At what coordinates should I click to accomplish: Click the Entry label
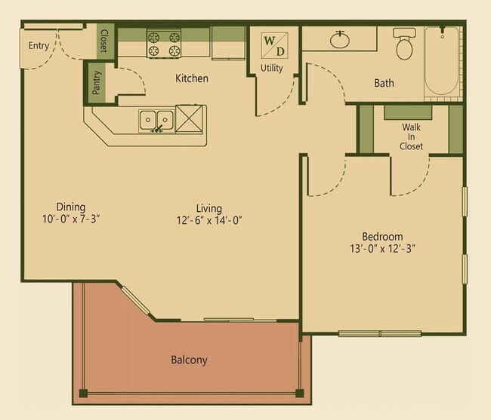(x=39, y=46)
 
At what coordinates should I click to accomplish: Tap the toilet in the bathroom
(x=405, y=46)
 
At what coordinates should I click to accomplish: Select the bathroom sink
(x=339, y=39)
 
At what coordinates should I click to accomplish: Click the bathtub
(x=443, y=62)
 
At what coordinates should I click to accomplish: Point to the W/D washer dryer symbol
(x=273, y=45)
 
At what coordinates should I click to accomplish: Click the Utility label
(x=272, y=69)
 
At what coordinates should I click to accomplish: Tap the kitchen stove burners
(x=163, y=43)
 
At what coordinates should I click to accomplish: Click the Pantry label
(x=97, y=82)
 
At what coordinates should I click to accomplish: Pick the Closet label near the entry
(x=103, y=39)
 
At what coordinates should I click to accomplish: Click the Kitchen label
(x=192, y=78)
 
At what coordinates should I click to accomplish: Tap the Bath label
(x=384, y=83)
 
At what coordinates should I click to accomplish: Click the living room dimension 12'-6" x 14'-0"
(x=208, y=220)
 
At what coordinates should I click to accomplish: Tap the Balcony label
(x=189, y=360)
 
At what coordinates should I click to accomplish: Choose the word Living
(x=208, y=207)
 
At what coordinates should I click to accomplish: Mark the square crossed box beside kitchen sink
(x=191, y=120)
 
